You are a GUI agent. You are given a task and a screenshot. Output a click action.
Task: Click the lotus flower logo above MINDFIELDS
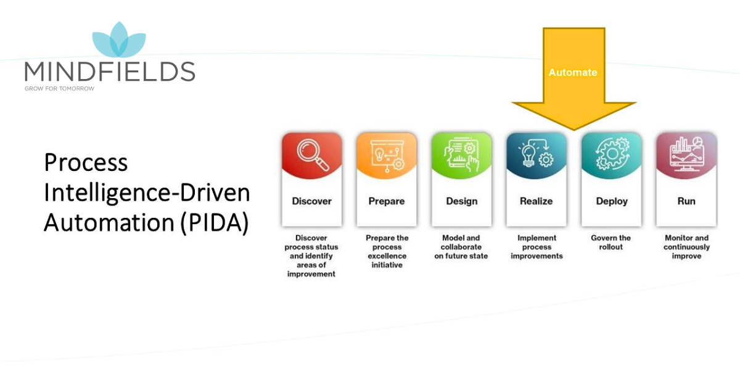(119, 41)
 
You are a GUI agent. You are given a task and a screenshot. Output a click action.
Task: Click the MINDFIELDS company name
(110, 72)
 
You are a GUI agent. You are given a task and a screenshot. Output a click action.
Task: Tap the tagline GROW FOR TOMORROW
(59, 88)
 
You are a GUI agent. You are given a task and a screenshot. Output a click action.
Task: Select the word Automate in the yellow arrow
(573, 72)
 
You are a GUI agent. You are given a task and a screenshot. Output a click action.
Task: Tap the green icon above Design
(462, 155)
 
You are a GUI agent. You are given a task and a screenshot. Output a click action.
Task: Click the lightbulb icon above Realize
(536, 155)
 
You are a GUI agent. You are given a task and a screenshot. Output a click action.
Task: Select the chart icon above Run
(686, 155)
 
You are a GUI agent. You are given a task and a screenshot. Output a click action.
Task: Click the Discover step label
(311, 201)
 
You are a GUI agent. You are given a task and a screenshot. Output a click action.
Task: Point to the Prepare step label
(387, 201)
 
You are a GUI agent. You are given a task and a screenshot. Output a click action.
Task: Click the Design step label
(462, 201)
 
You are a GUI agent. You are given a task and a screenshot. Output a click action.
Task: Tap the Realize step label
(536, 201)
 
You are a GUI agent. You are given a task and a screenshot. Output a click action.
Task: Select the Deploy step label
(612, 201)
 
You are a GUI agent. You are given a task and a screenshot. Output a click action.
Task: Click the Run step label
(686, 201)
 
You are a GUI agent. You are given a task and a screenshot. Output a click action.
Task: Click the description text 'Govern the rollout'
(611, 243)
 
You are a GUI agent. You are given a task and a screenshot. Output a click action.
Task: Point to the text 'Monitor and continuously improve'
(686, 247)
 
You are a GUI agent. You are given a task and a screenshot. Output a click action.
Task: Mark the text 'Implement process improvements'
(536, 247)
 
